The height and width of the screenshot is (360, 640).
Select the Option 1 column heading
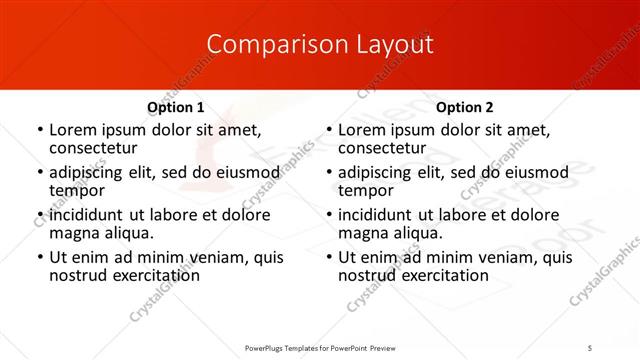176,107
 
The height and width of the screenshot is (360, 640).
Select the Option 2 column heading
465,107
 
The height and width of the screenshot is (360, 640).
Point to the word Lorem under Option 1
72,130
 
